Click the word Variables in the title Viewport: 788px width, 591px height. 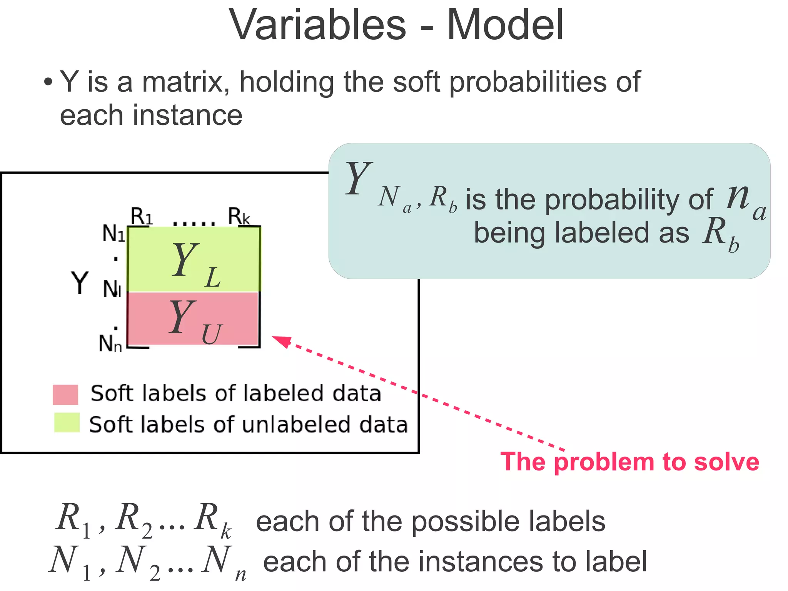click(x=317, y=25)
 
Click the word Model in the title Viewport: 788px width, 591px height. click(x=505, y=25)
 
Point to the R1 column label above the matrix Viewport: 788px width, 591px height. click(x=141, y=216)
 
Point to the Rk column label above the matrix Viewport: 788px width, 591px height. click(x=239, y=216)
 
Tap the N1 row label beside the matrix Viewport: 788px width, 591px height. click(x=114, y=233)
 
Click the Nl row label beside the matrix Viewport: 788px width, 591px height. click(x=112, y=289)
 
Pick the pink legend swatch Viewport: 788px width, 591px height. click(x=65, y=394)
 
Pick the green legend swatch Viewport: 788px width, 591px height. click(x=67, y=423)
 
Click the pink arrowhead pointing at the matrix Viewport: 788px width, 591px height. click(x=282, y=341)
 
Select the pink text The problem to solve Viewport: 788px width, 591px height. click(x=629, y=462)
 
